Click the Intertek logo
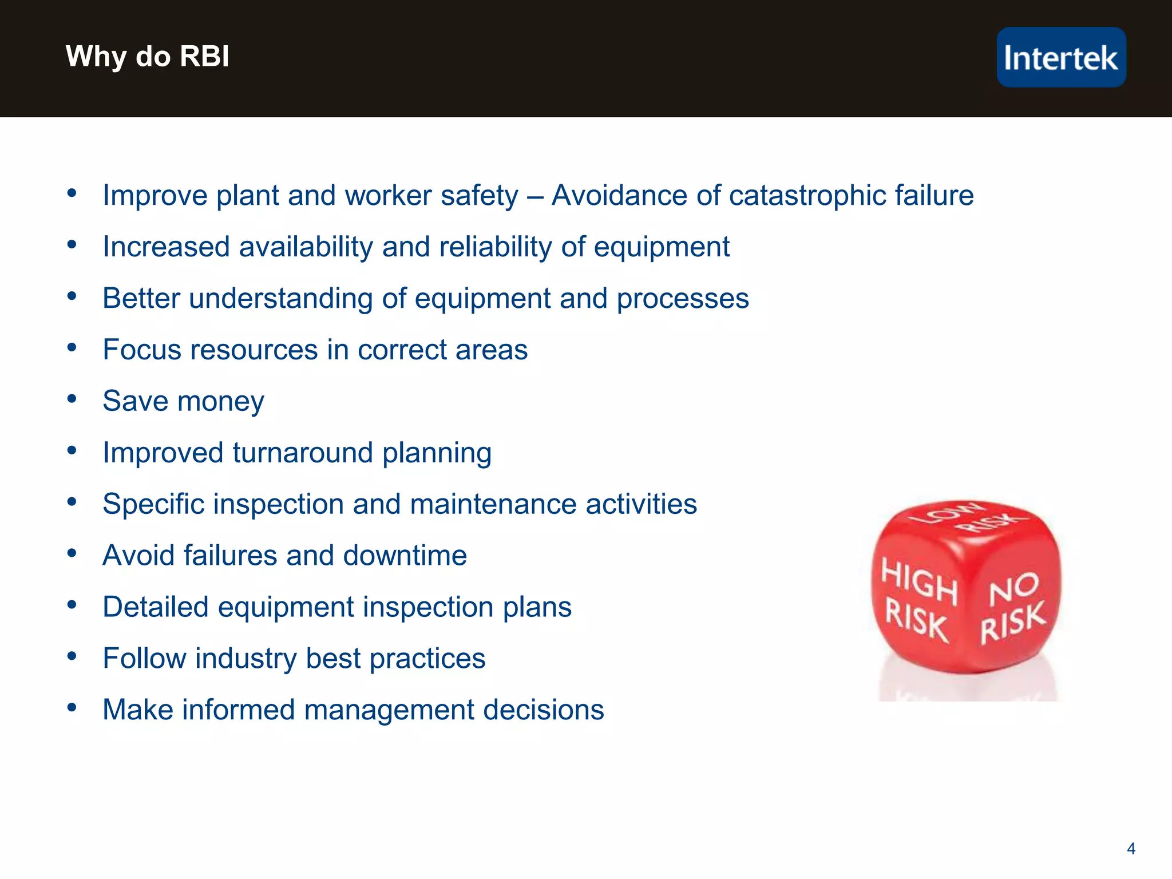[1061, 57]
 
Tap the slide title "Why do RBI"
[147, 56]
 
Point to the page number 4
[1131, 849]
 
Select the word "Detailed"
[156, 607]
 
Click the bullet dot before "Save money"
[72, 399]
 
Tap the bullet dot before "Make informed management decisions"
[72, 708]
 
